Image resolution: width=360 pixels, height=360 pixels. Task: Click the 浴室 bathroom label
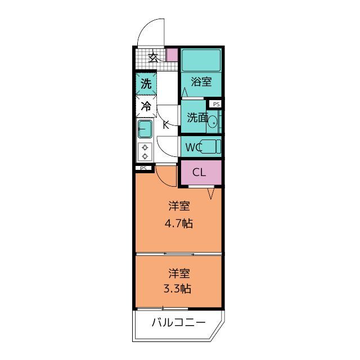click(x=201, y=82)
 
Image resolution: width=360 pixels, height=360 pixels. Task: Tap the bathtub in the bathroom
click(x=201, y=60)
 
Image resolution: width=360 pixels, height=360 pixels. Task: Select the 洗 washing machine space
click(x=146, y=83)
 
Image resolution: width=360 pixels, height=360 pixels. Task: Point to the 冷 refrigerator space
click(x=146, y=106)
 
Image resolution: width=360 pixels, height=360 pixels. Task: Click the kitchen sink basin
click(x=145, y=129)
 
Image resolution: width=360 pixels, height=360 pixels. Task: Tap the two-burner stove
click(x=145, y=151)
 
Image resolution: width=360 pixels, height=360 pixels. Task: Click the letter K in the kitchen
click(x=166, y=125)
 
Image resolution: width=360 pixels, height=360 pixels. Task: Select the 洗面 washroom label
click(x=197, y=118)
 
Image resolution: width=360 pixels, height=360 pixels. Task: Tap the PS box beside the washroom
click(x=216, y=105)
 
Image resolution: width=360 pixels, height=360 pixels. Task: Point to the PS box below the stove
click(x=143, y=168)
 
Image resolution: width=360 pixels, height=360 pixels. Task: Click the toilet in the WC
click(x=210, y=146)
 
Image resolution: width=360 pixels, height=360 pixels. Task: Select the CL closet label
click(x=199, y=172)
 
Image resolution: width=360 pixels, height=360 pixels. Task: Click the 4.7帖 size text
click(x=179, y=223)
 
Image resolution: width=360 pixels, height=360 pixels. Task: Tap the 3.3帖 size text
click(x=177, y=289)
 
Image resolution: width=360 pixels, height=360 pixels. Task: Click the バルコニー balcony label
click(x=179, y=322)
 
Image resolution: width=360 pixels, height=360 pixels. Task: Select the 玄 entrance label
click(x=153, y=57)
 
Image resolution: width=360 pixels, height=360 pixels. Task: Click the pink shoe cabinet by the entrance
click(x=172, y=55)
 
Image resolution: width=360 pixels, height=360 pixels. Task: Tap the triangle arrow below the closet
click(x=211, y=193)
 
